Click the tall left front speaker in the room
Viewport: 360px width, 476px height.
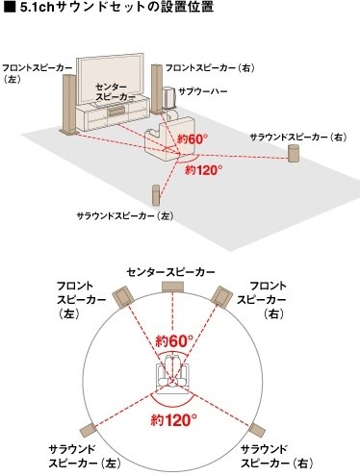click(68, 106)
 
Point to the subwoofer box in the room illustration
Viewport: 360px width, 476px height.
click(170, 99)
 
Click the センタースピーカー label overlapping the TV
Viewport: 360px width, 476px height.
click(113, 92)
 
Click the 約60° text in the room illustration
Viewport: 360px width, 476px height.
click(193, 140)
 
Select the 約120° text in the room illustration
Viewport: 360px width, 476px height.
click(204, 171)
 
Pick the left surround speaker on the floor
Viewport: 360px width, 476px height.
click(154, 193)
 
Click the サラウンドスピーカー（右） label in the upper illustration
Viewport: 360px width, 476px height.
click(296, 138)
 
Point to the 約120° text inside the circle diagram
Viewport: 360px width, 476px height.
click(174, 419)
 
